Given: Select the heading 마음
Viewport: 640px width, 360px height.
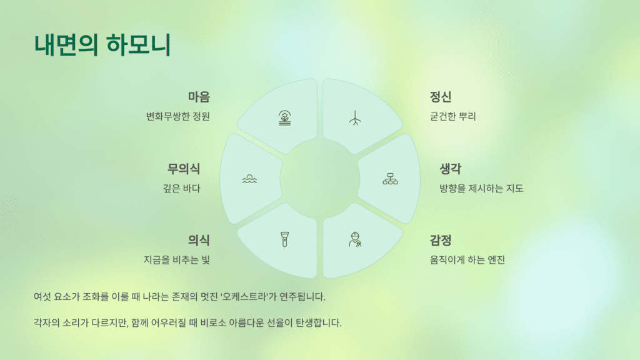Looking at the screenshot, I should tap(199, 97).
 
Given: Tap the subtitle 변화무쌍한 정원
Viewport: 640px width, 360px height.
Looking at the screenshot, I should tap(177, 117).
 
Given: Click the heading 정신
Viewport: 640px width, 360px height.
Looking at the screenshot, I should tap(441, 97).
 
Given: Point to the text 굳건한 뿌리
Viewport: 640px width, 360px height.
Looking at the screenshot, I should tap(453, 117).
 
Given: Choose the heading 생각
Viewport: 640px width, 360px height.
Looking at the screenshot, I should tap(451, 169).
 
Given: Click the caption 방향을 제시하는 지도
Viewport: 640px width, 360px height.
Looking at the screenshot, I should tap(481, 188).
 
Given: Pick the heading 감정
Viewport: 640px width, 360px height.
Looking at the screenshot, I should tap(441, 241).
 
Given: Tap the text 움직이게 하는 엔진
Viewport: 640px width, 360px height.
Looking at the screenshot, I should tap(467, 260).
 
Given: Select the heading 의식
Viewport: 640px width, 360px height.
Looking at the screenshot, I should tap(199, 241).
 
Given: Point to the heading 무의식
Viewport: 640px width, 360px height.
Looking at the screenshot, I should tap(184, 169).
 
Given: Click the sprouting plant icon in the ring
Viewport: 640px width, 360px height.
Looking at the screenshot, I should tap(285, 118).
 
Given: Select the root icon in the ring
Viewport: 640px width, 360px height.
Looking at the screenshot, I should tap(355, 118).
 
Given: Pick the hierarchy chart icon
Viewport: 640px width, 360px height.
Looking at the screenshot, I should tap(390, 179).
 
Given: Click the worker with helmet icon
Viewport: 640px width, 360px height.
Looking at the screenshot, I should tap(355, 239).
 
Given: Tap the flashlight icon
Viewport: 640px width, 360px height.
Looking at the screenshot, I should tap(285, 239).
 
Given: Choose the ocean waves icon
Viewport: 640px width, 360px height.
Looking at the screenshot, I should tap(249, 179).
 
